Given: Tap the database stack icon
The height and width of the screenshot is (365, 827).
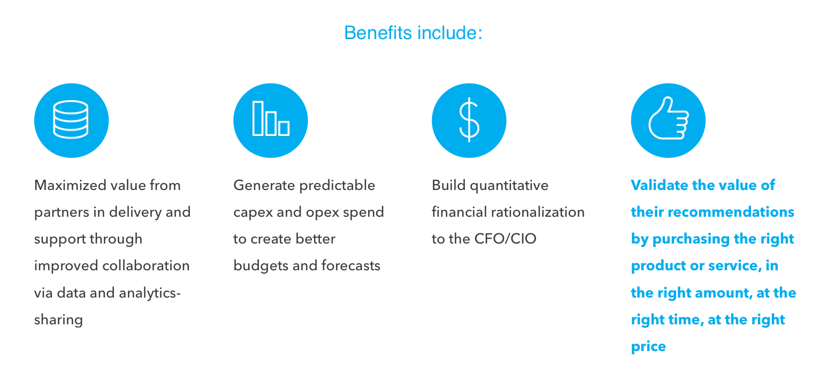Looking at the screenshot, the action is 71,119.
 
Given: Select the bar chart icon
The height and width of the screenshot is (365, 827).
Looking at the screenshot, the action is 271,119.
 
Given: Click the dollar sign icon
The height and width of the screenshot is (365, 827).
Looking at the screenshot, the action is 469,120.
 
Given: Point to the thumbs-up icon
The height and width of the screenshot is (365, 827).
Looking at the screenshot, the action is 668,118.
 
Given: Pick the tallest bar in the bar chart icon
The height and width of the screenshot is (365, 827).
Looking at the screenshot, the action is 258,119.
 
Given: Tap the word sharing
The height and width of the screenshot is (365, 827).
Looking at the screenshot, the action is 58,320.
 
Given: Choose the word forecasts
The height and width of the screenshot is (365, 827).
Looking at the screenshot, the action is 351,265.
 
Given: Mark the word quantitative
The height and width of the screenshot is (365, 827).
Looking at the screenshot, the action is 509,186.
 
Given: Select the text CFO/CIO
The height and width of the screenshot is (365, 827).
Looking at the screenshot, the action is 505,239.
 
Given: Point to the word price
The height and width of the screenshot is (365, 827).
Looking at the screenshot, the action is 648,347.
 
